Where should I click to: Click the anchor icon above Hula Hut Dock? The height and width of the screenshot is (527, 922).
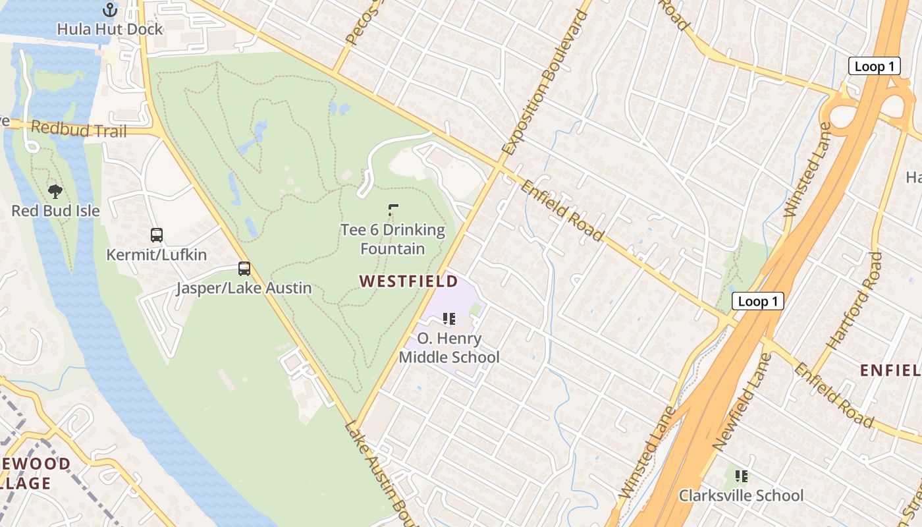point(110,10)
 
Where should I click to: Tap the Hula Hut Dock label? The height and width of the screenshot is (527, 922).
point(109,30)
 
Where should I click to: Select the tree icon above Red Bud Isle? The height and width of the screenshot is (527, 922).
point(56,192)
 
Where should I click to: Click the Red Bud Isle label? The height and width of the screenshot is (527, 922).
point(56,211)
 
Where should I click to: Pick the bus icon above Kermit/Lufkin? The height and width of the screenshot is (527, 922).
point(157,235)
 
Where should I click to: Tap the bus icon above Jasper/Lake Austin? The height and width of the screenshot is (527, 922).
point(244,269)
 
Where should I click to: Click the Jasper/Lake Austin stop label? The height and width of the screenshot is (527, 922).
point(244,289)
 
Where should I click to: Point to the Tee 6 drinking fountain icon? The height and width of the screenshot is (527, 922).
point(393,211)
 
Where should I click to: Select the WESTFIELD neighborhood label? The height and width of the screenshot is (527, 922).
point(408,281)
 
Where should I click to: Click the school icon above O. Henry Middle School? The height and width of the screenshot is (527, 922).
point(450,319)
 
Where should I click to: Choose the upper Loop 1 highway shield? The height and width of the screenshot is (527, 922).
point(874,66)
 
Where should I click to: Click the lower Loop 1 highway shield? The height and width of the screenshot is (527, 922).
point(758,302)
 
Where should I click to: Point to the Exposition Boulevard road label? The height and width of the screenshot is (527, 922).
point(545,82)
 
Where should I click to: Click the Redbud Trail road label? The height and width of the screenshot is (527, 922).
point(78,129)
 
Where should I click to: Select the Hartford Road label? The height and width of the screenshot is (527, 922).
point(854,300)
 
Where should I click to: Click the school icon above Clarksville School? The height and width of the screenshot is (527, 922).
point(742,476)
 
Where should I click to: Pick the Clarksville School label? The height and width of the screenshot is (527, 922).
point(742,495)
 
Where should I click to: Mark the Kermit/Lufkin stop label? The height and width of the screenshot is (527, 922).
point(157,255)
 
